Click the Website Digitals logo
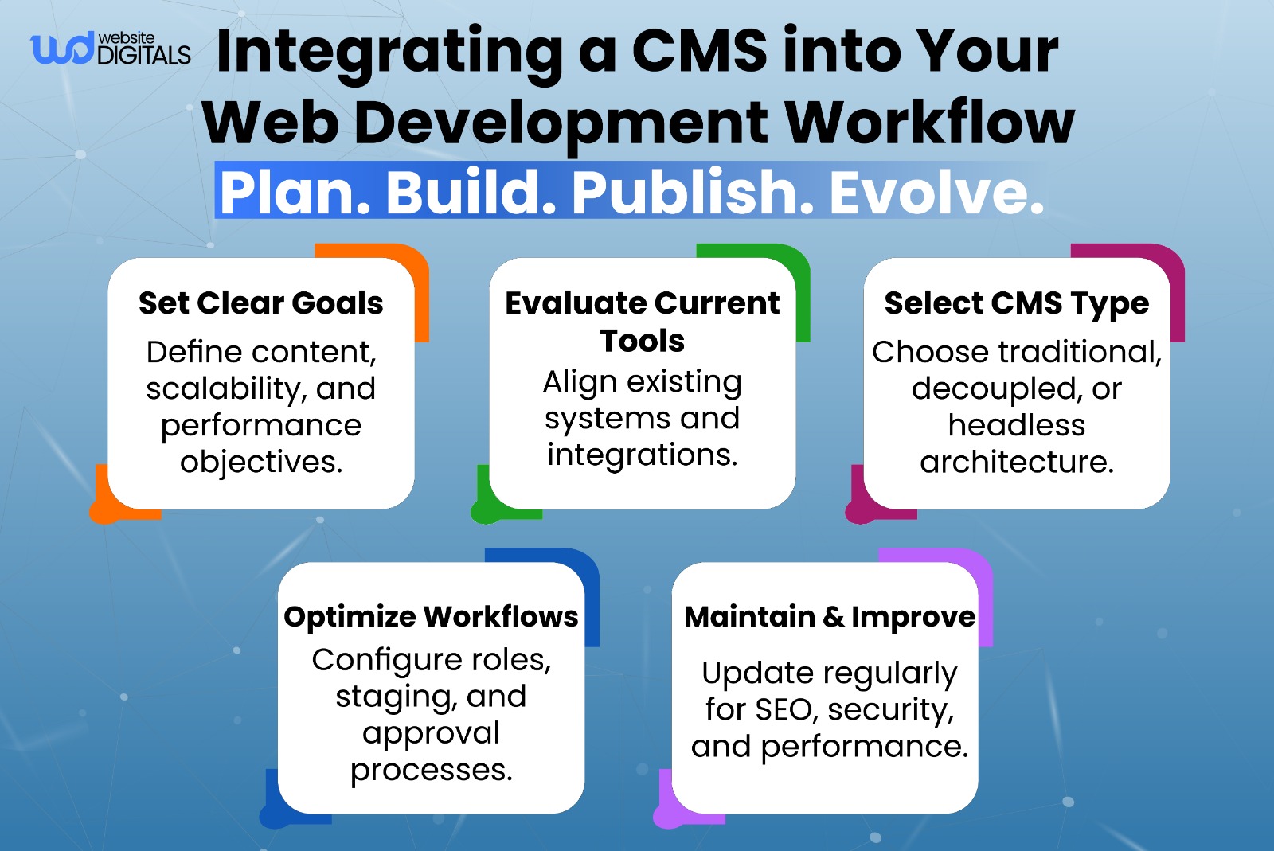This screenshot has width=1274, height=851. [x=110, y=49]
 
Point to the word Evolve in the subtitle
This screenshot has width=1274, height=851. [x=936, y=193]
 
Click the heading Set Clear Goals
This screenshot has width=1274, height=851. [x=260, y=303]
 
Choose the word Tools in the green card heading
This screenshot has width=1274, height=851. [x=642, y=341]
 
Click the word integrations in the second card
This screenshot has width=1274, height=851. [x=642, y=455]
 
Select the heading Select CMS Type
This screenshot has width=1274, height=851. [x=1016, y=303]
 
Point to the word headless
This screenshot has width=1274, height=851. [x=1016, y=425]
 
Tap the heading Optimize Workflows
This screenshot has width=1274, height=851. [x=431, y=617]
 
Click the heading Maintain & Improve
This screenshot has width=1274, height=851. [x=829, y=617]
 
